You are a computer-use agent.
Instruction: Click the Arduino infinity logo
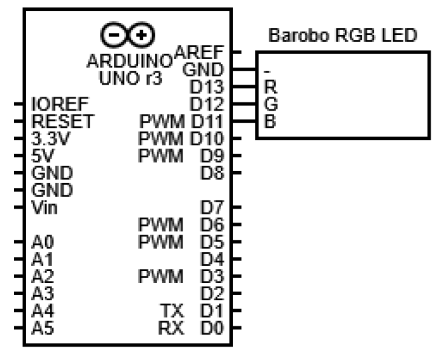pyautogui.click(x=128, y=34)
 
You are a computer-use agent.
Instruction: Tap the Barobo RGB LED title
pyautogui.click(x=343, y=36)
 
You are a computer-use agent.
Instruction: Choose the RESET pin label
pyautogui.click(x=61, y=120)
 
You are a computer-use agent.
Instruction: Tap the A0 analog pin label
pyautogui.click(x=39, y=242)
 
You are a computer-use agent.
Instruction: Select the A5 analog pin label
pyautogui.click(x=39, y=328)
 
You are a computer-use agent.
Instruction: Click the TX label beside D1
pyautogui.click(x=173, y=311)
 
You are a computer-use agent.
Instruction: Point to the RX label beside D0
pyautogui.click(x=172, y=328)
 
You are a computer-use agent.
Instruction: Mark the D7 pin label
pyautogui.click(x=211, y=207)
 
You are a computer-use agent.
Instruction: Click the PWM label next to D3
pyautogui.click(x=162, y=277)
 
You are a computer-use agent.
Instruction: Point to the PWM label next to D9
pyautogui.click(x=162, y=155)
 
